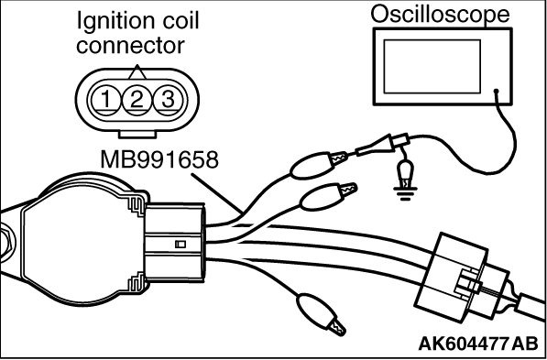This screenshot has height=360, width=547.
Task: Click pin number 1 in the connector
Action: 106,101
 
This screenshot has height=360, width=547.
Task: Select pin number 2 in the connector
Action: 137,101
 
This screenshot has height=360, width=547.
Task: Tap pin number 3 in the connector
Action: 168,101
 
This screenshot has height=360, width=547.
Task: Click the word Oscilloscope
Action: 440,15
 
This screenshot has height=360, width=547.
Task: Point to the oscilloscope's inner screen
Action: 432,66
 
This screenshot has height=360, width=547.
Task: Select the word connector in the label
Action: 130,46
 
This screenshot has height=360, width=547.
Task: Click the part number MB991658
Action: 159,159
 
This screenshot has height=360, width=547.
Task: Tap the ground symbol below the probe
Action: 405,194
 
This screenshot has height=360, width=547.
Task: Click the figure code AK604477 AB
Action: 478,344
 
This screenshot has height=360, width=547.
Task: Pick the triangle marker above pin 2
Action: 137,72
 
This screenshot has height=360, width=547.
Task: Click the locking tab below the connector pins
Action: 137,134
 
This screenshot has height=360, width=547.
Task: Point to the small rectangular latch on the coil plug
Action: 181,245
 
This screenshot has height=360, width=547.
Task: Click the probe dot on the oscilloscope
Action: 496,92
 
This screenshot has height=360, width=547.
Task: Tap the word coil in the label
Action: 178,21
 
